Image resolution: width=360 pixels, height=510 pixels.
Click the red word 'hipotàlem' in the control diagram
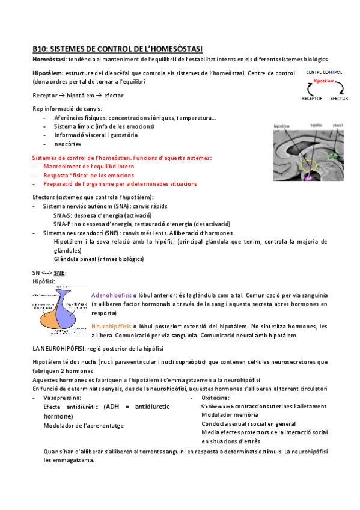pyautogui.click(x=324, y=80)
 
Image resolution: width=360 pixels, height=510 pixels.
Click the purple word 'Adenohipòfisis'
pyautogui.click(x=111, y=295)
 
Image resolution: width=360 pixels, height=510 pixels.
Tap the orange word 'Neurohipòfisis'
pyautogui.click(x=111, y=326)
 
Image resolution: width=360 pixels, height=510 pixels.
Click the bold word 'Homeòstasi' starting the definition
pyautogui.click(x=49, y=59)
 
